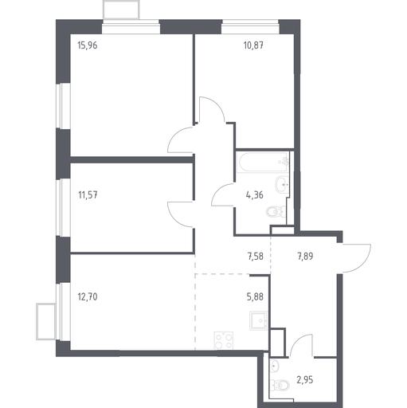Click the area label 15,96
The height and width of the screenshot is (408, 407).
click(88, 45)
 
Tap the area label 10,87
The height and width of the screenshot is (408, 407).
click(253, 45)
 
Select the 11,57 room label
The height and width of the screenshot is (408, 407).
click(88, 195)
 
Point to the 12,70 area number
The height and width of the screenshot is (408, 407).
click(88, 296)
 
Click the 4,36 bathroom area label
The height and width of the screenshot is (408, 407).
click(255, 195)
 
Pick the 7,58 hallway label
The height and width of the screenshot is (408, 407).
click(255, 257)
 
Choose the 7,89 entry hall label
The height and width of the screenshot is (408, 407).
click(305, 257)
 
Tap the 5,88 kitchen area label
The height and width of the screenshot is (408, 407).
click(255, 296)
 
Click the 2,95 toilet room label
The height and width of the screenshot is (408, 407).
click(305, 380)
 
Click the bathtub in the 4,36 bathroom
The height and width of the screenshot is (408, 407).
click(263, 163)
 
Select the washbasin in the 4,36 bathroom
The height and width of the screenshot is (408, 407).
click(282, 184)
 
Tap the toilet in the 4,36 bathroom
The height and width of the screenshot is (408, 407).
click(276, 211)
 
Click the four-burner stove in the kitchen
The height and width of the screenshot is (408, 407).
click(224, 341)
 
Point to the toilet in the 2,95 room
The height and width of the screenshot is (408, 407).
click(280, 385)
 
